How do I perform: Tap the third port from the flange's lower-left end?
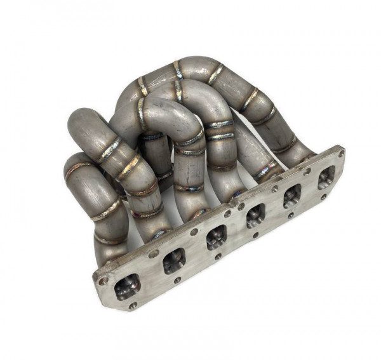click(217, 237)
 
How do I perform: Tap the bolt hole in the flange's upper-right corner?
click(342, 152)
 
